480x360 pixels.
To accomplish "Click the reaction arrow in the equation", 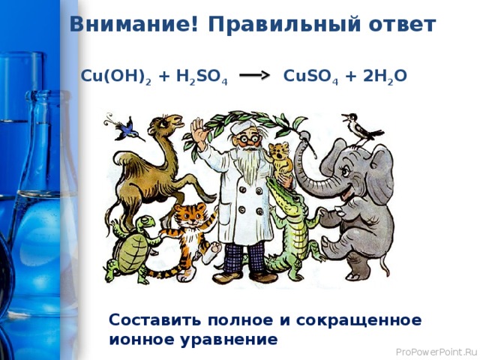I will click(254, 76).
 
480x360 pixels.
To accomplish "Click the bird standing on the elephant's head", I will click(358, 127).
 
